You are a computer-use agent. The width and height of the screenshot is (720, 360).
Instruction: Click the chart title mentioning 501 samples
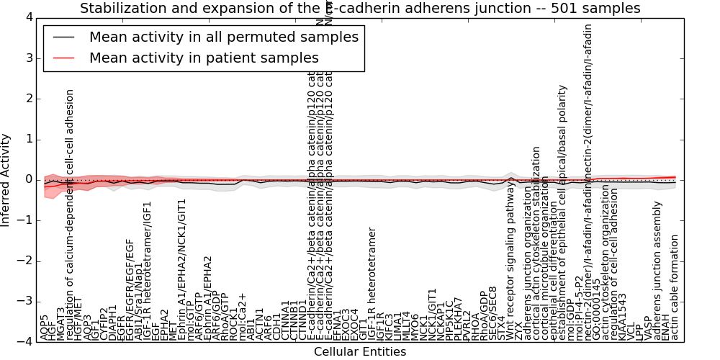click(x=360, y=9)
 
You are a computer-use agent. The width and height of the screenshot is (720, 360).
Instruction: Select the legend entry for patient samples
click(x=204, y=58)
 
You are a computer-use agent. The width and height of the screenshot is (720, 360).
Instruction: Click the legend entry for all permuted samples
click(x=224, y=37)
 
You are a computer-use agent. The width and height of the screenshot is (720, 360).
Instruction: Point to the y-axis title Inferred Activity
click(x=6, y=180)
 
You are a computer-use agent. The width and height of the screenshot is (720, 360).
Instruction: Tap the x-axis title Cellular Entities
click(x=360, y=352)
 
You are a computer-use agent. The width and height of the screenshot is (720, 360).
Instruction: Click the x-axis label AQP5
click(x=45, y=328)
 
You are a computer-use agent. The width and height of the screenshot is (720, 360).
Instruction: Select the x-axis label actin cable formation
click(x=675, y=287)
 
